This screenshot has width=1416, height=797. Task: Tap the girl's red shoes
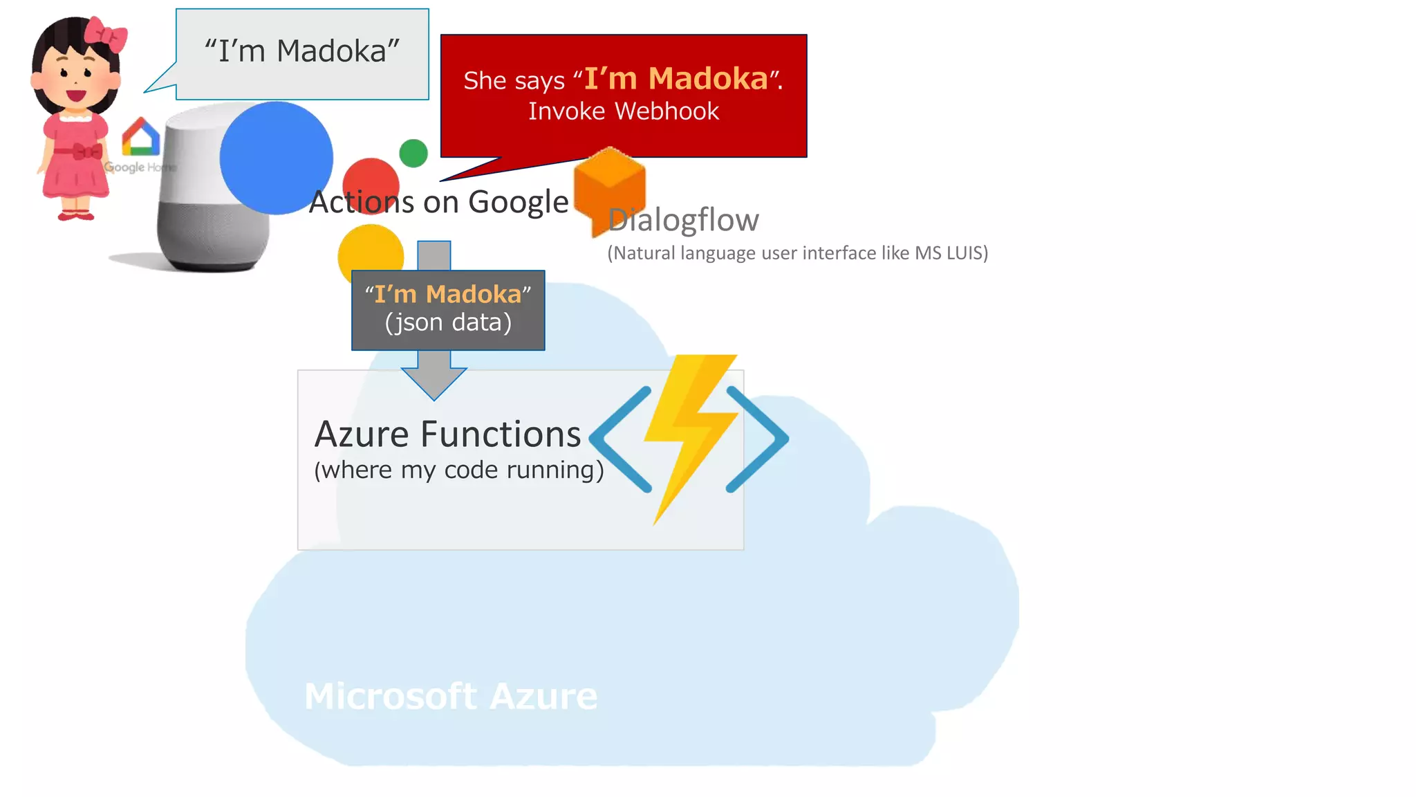pyautogui.click(x=75, y=216)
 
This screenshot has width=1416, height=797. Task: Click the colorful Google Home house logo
pyautogui.click(x=140, y=137)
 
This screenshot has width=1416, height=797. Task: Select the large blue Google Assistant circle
pyautogui.click(x=276, y=158)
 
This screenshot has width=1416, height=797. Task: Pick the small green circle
pyautogui.click(x=413, y=153)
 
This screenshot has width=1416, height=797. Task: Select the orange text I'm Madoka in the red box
pyautogui.click(x=676, y=79)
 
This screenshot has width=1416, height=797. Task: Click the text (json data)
pyautogui.click(x=448, y=322)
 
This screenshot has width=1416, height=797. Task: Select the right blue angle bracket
pyautogui.click(x=758, y=439)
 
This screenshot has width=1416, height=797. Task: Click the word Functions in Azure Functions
pyautogui.click(x=500, y=434)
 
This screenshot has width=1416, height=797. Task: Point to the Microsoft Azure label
pyautogui.click(x=451, y=695)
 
